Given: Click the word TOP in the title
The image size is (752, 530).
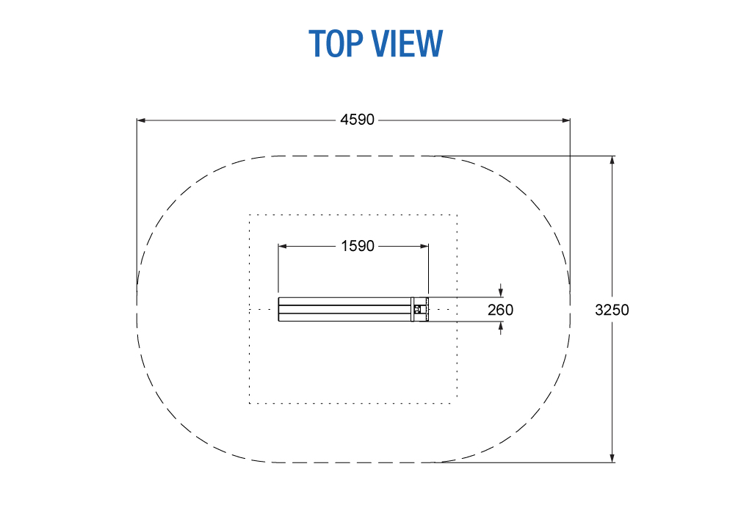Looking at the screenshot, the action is point(336,43).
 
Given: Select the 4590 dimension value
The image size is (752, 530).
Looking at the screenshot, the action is point(358,120).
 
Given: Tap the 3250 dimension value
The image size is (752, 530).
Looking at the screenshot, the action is point(612,310).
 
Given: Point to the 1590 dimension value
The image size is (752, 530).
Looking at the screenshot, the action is point(358,247).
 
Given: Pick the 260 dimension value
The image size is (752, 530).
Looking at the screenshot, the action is point(500,310).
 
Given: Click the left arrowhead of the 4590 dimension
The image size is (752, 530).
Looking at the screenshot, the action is point(141,120).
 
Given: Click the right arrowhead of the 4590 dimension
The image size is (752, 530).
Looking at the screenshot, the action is point(566,120).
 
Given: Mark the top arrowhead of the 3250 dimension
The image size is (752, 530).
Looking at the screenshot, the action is point(612,160).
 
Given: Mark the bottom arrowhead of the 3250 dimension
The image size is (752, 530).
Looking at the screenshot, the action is point(612,458).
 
